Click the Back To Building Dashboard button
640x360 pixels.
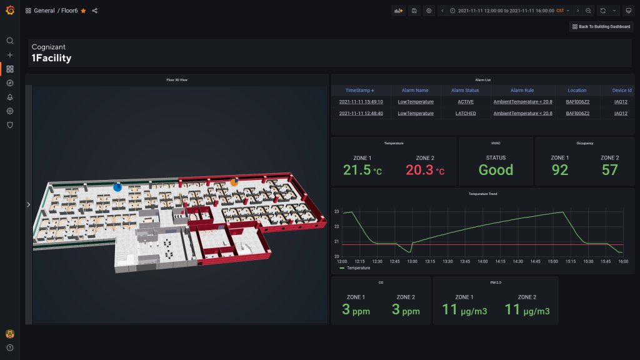click(x=601, y=27)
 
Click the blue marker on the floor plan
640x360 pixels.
click(x=117, y=187)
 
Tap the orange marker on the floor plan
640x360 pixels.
click(x=234, y=182)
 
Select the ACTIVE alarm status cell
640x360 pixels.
click(x=466, y=101)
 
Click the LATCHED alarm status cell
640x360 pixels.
click(x=466, y=113)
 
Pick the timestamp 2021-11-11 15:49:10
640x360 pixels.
click(x=361, y=101)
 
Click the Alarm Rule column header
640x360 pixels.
click(x=522, y=91)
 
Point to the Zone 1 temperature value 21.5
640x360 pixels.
click(x=357, y=170)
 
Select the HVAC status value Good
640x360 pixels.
click(x=496, y=170)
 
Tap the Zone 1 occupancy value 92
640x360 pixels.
click(x=560, y=170)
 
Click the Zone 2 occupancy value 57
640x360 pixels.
click(x=609, y=170)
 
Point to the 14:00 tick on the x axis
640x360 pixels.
click(x=482, y=261)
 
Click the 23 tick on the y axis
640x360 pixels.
click(x=336, y=212)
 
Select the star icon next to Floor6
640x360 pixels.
click(x=83, y=11)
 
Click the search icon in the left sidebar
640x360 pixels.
click(x=10, y=41)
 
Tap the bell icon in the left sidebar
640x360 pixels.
click(x=10, y=97)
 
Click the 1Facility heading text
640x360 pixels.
click(x=51, y=58)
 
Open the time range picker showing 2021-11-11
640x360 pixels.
click(x=506, y=11)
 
